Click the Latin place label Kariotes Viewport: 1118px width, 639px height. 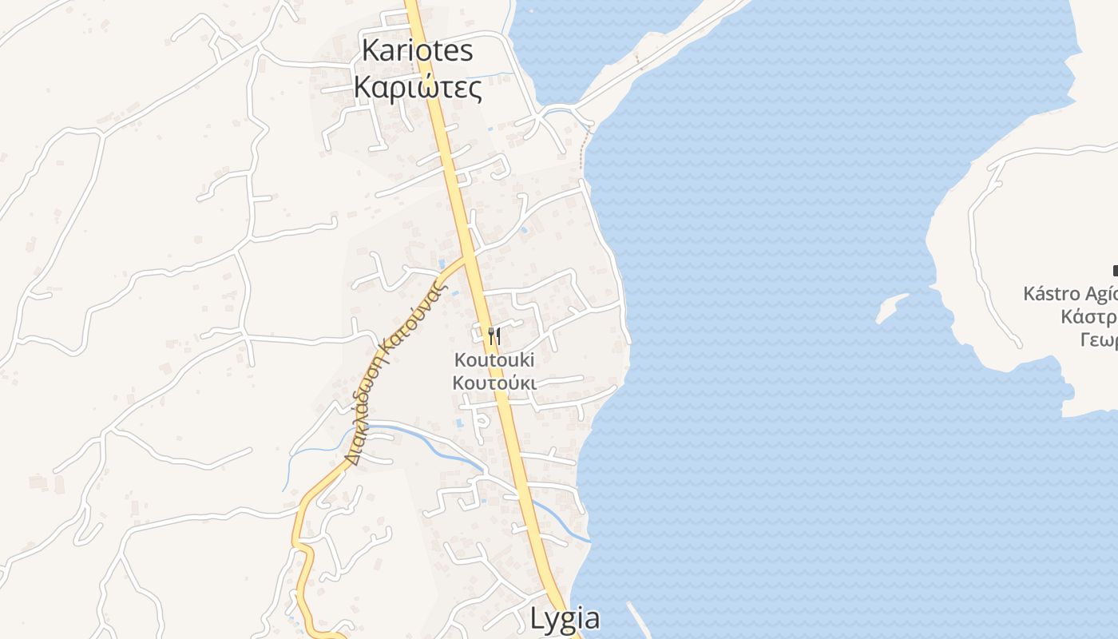417,50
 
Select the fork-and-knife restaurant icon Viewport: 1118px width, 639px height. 494,336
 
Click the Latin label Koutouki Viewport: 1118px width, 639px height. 494,360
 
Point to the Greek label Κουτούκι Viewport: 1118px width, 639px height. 494,383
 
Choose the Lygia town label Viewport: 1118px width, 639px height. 565,619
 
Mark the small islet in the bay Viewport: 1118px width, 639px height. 891,308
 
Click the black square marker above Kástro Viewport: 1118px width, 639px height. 1115,271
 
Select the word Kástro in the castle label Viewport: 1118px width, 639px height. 1053,294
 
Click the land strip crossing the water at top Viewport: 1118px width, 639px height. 663,56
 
